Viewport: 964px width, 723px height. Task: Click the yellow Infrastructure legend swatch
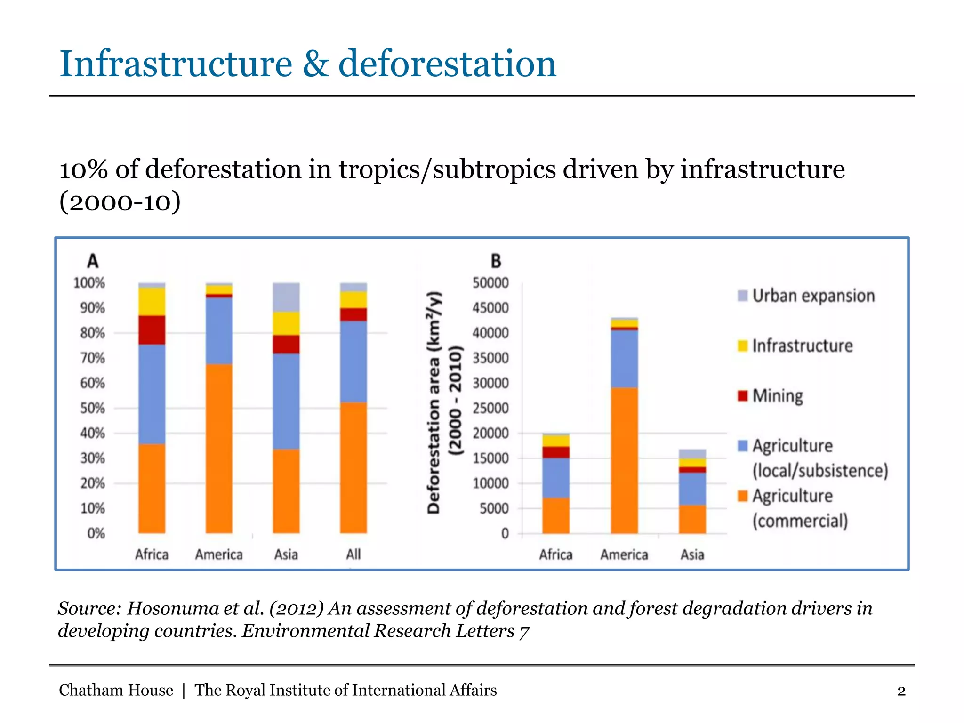[743, 345]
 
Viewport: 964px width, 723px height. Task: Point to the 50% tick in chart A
[93, 408]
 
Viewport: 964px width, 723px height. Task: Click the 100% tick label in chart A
[89, 283]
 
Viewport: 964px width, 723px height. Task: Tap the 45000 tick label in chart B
[490, 308]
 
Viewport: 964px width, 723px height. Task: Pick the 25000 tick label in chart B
[490, 408]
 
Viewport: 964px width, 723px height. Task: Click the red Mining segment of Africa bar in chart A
[152, 330]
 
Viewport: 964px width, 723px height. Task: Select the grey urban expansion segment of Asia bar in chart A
[286, 297]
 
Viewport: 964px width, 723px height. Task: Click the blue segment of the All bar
[353, 361]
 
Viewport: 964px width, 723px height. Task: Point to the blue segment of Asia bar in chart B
[692, 489]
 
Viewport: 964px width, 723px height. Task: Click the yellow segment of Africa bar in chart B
[556, 441]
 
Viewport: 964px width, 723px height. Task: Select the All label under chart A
[353, 554]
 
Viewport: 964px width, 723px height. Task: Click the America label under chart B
[624, 554]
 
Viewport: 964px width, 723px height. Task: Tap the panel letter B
[496, 261]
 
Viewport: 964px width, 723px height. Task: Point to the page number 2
[901, 691]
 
